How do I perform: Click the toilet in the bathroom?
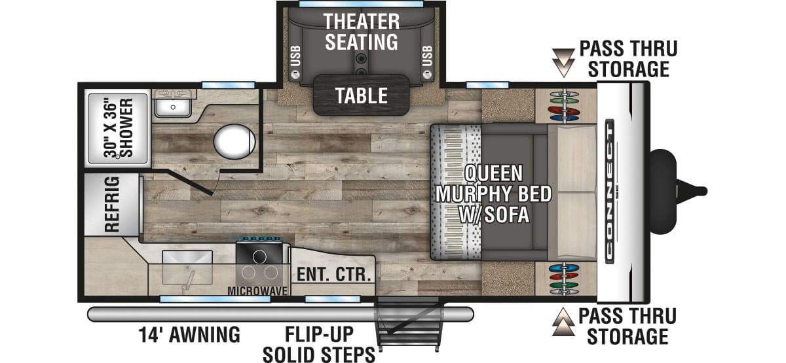pos(234,141)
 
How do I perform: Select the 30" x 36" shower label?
pos(119,128)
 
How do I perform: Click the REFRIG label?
pos(112,205)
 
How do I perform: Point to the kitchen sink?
pos(187,268)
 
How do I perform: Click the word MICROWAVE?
pos(257,291)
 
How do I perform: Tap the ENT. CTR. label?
pos(333,274)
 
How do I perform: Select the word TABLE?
pos(362,95)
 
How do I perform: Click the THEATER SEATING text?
pos(362,31)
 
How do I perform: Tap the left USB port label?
pos(296,56)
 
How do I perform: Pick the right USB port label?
pos(427,56)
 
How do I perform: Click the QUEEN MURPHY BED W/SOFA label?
pos(493,194)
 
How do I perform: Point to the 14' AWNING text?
pos(189,335)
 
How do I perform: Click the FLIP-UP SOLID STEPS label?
pos(319,344)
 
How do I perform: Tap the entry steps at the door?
pos(409,324)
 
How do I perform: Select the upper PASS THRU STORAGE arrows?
pos(563,63)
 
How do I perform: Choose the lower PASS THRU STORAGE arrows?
pos(563,322)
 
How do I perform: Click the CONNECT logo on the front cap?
pos(610,191)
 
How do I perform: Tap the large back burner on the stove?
pos(259,257)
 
